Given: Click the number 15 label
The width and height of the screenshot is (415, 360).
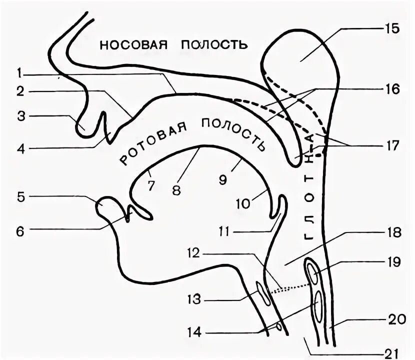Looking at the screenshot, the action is (391, 28).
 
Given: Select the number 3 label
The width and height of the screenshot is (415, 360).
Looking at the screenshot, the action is (20, 116).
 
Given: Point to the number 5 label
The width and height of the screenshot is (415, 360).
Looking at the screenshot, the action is (20, 197).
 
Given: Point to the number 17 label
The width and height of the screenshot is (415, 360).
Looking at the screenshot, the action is (391, 145).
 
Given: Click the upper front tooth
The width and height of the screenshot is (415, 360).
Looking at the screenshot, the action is (106, 124).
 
